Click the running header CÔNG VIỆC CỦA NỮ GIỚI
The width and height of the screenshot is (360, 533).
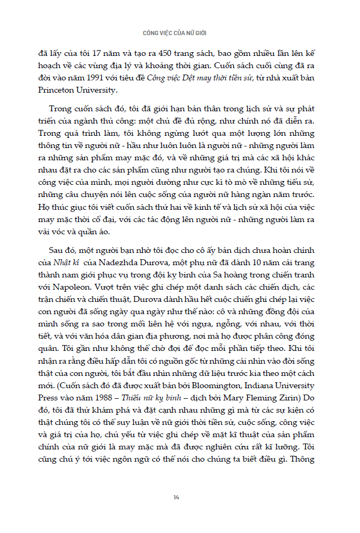pyautogui.click(x=179, y=32)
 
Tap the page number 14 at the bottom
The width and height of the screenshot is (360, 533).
pyautogui.click(x=176, y=497)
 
